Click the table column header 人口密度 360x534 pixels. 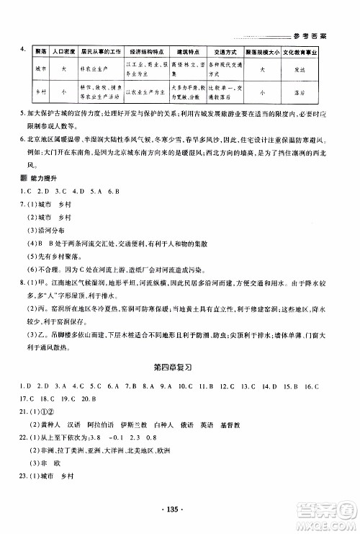pyautogui.click(x=63, y=53)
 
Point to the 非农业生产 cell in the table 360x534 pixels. pyautogui.click(x=100, y=69)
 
